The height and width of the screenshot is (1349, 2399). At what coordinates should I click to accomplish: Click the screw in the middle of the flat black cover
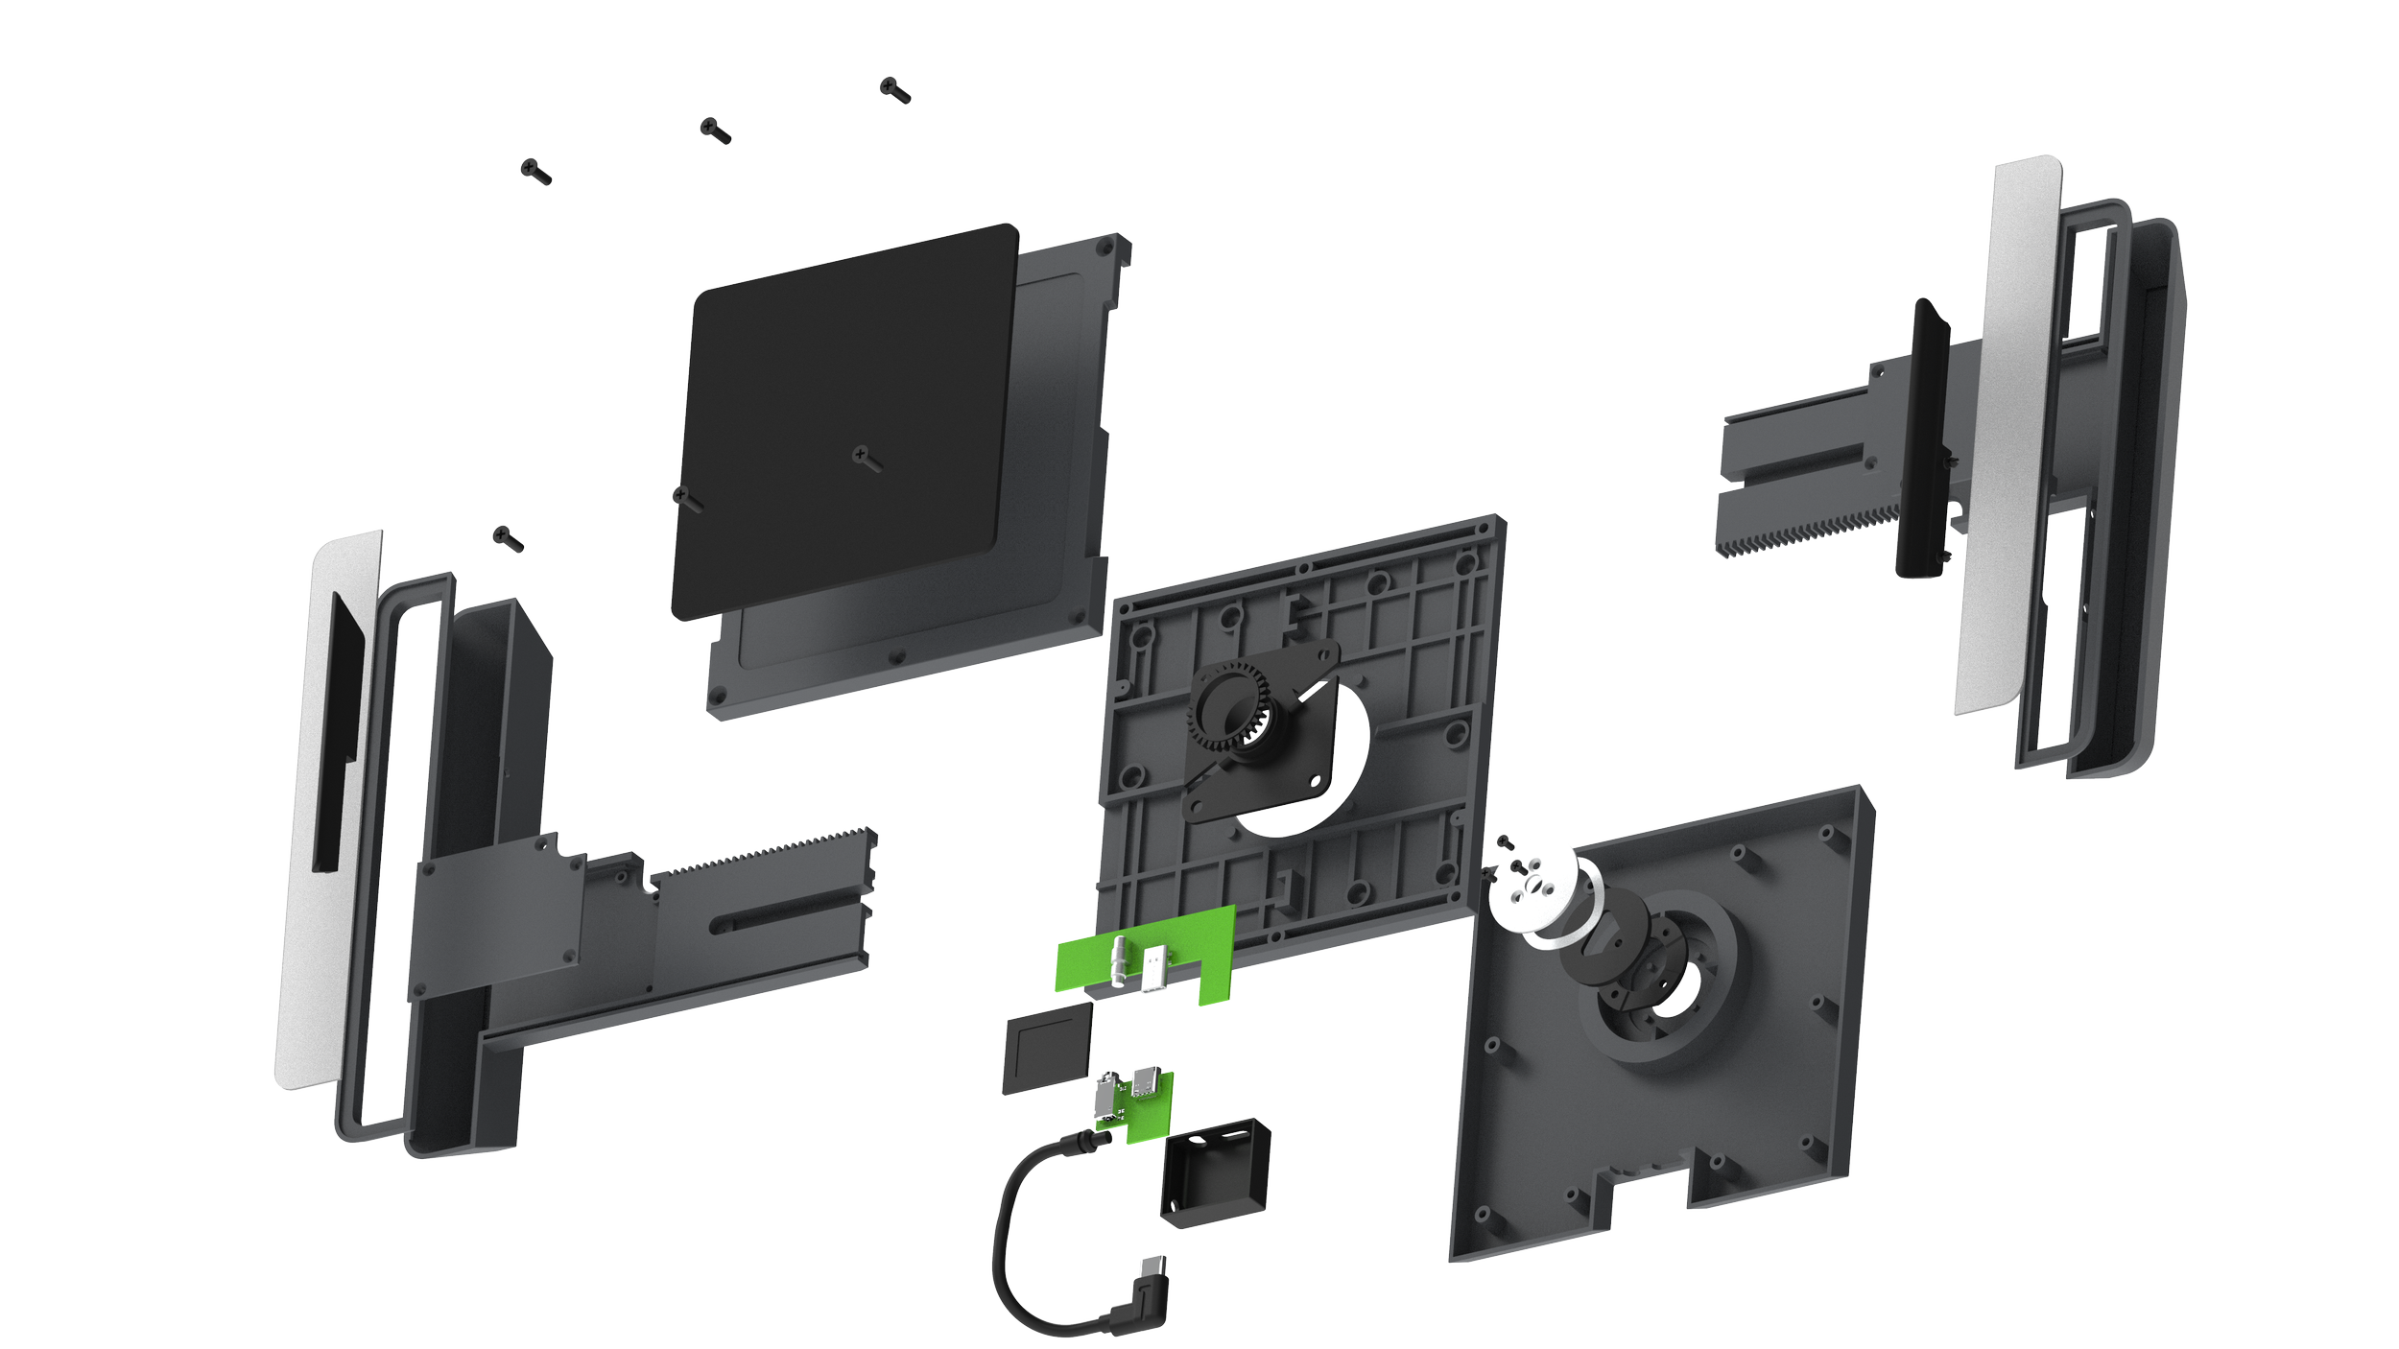[866, 458]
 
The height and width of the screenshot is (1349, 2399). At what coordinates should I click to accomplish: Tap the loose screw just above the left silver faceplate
[507, 539]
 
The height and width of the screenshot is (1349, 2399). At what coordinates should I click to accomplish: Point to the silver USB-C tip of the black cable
[1154, 1266]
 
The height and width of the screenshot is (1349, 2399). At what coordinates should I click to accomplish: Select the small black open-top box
[1215, 1171]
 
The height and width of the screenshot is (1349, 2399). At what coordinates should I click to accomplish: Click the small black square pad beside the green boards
[1047, 1049]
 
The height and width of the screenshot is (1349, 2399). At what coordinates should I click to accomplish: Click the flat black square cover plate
[844, 422]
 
